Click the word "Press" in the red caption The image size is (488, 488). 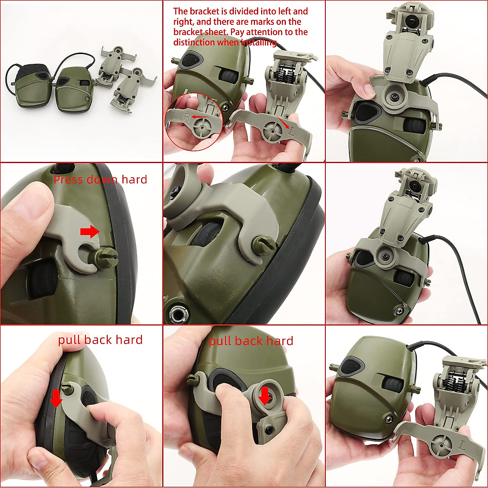[67, 180]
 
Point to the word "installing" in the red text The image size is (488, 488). [259, 42]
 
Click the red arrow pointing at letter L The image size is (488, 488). [283, 121]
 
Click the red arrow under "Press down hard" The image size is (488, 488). [89, 232]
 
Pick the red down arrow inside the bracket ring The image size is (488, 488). [265, 395]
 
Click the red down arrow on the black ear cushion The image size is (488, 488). [56, 397]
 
